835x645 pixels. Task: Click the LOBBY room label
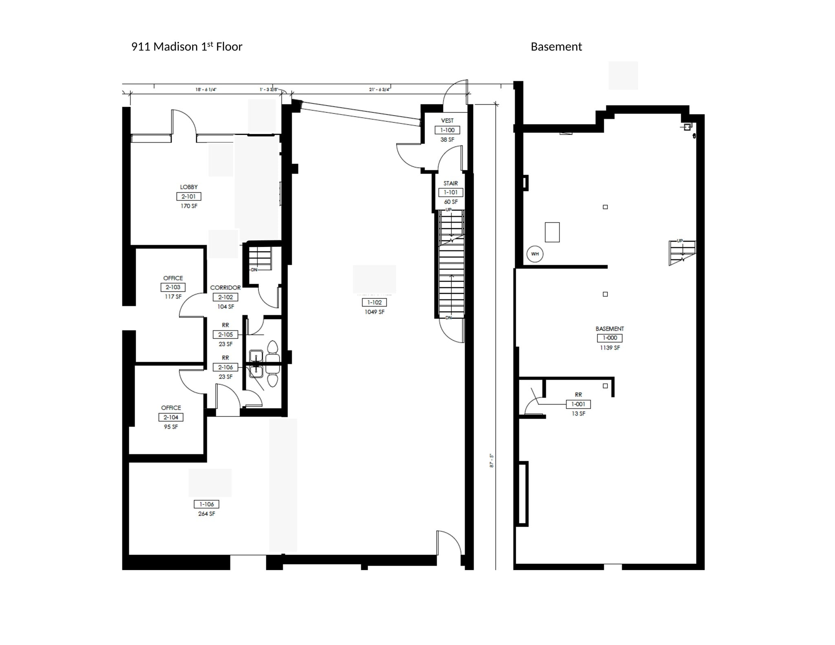coord(189,187)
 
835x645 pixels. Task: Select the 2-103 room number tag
coord(173,287)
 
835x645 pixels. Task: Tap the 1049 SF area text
coord(374,312)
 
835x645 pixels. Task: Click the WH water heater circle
coord(535,254)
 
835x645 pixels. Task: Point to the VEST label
coord(447,121)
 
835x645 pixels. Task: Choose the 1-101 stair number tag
coord(451,192)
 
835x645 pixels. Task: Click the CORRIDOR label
coord(225,288)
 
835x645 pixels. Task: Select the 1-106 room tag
coord(206,504)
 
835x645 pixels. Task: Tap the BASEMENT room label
coord(610,329)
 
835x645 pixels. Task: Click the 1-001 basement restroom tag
coord(578,404)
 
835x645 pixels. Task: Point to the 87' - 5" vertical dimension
coord(492,461)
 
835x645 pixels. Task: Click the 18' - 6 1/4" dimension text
coord(206,90)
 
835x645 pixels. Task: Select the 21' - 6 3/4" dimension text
coord(380,90)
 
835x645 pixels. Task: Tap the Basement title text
coord(556,47)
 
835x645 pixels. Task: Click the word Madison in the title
coord(175,47)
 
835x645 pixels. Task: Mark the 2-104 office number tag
coord(171,417)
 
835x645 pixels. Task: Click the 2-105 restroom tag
coord(225,335)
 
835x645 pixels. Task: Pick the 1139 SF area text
coord(610,348)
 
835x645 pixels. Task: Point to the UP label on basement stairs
coord(680,241)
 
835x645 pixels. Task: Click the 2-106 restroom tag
coord(225,367)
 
